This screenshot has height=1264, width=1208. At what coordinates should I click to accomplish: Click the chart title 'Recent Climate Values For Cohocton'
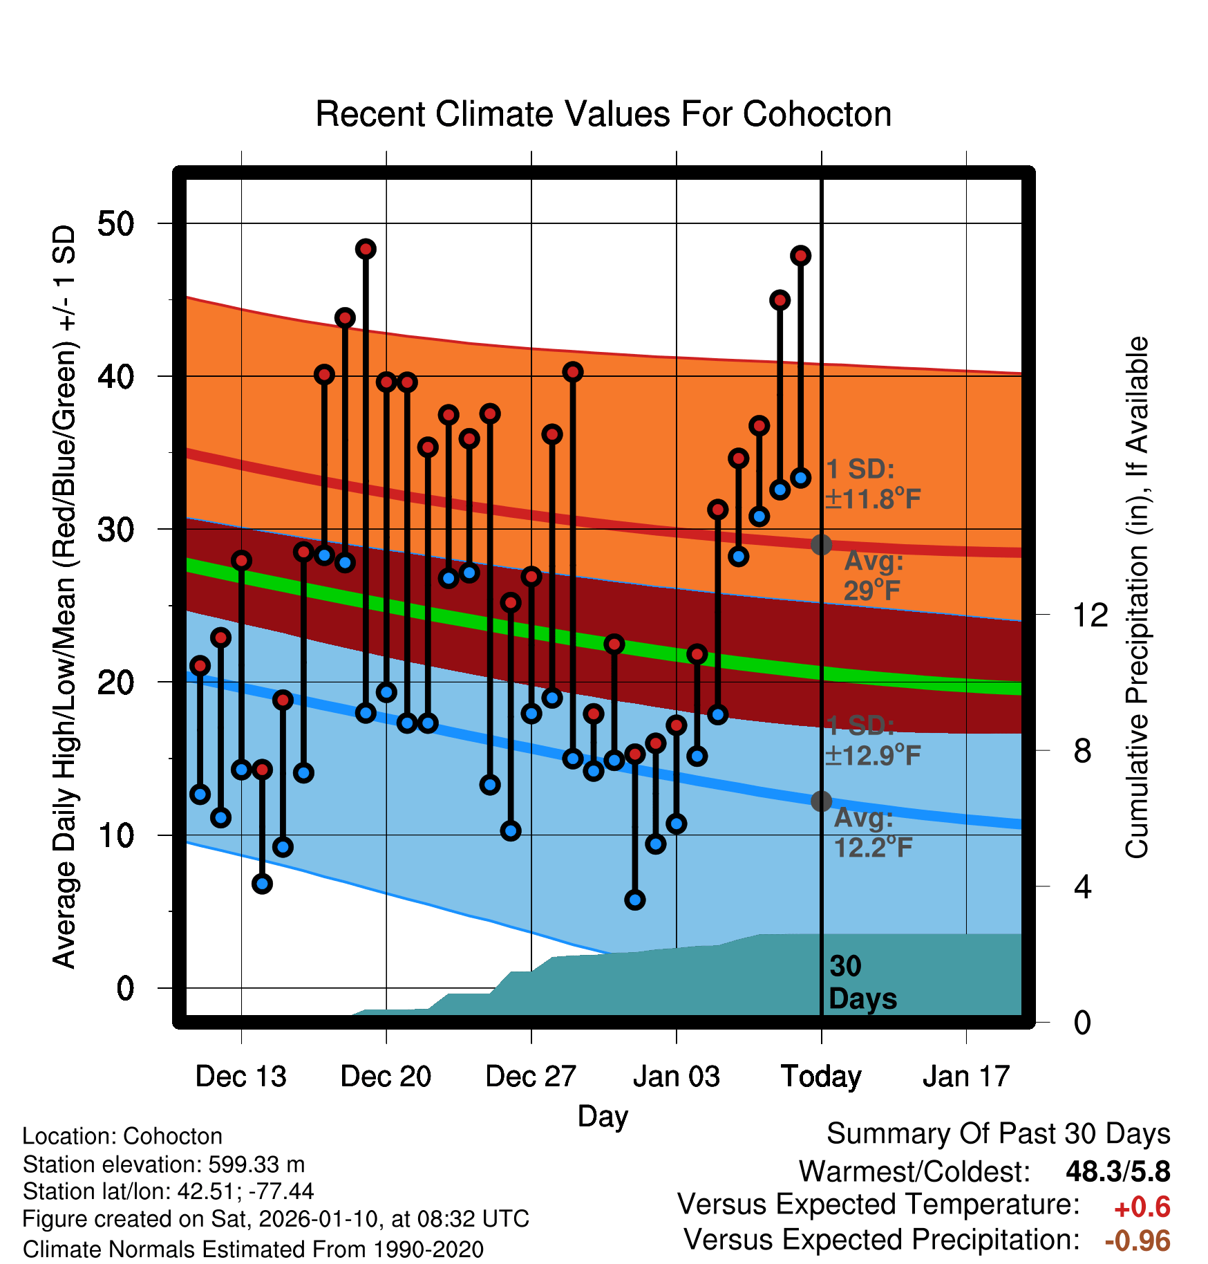click(603, 114)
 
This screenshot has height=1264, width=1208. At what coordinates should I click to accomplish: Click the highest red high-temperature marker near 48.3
click(366, 249)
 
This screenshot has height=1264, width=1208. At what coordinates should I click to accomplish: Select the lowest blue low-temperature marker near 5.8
click(635, 900)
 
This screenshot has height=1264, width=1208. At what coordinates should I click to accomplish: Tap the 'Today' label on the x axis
click(821, 1077)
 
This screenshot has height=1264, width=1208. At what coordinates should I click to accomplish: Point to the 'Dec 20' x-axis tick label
click(386, 1077)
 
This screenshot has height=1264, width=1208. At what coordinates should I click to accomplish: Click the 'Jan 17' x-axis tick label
click(966, 1077)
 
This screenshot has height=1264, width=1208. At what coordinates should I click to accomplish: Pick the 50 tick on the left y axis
click(116, 223)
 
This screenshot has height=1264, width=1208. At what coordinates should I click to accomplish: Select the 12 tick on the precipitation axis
click(1090, 615)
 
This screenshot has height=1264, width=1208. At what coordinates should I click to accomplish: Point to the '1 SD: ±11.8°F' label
click(873, 484)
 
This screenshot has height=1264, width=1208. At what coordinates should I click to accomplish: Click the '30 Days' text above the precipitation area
click(862, 983)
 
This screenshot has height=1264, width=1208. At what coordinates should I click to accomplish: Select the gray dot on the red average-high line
click(821, 545)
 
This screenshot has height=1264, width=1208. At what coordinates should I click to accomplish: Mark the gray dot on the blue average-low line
click(821, 801)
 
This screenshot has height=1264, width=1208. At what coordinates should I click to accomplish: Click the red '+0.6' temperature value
click(1142, 1207)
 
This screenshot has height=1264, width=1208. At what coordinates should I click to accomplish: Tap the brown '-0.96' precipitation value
click(1138, 1240)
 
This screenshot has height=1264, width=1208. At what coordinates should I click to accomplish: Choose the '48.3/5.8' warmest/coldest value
click(1117, 1171)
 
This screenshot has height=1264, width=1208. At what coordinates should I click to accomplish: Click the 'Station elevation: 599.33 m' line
click(164, 1164)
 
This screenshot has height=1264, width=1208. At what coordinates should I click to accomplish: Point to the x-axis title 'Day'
click(603, 1116)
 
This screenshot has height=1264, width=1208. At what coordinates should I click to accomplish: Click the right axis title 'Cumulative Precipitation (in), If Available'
click(1137, 597)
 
